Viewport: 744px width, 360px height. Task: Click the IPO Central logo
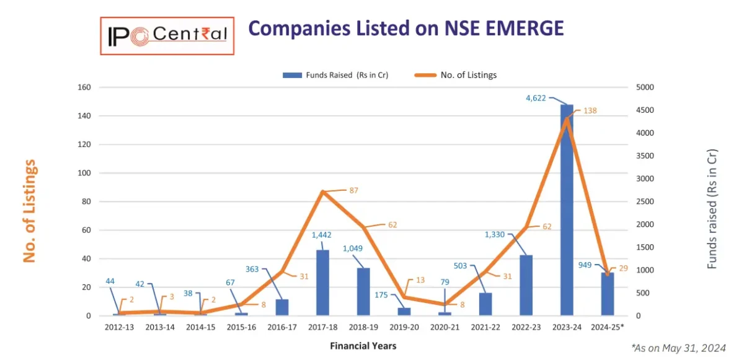[167, 36]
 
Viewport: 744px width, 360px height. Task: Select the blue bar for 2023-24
[567, 211]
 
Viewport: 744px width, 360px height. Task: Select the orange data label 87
[354, 190]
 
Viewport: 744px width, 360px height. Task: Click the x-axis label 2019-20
[404, 327]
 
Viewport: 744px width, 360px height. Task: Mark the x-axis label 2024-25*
[608, 327]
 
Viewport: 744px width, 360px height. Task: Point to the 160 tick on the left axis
[83, 87]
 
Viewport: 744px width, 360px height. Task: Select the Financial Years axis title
[363, 346]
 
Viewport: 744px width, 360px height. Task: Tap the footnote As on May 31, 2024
[678, 348]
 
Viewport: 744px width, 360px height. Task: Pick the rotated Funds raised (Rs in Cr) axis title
[712, 209]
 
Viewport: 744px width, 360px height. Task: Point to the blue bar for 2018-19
[363, 292]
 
